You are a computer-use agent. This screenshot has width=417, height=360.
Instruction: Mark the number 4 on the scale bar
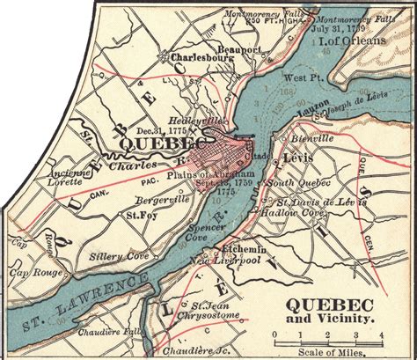[381, 334]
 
